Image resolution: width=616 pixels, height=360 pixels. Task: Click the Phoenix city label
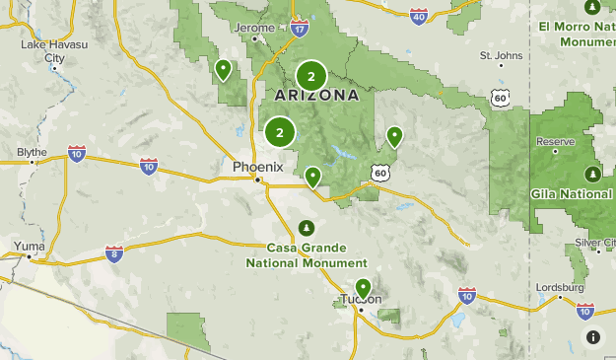[x=257, y=167]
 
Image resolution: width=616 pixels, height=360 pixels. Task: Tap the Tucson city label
[x=360, y=300]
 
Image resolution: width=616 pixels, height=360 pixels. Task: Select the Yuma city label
[x=29, y=245]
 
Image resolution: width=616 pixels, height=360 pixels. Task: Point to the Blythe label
[x=32, y=152]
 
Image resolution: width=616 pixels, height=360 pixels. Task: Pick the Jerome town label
[x=256, y=28]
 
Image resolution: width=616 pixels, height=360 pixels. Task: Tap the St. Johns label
[x=500, y=55]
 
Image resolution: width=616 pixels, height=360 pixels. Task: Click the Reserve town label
[x=555, y=142]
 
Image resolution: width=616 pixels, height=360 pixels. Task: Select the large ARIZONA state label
[x=315, y=96]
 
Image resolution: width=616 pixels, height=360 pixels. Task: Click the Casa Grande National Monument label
[x=307, y=255]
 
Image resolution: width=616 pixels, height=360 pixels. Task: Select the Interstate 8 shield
[x=114, y=254]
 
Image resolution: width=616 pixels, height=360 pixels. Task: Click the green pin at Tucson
[x=363, y=288]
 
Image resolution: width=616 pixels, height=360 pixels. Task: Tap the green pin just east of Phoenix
[x=312, y=177]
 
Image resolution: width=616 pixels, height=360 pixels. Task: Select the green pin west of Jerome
[x=224, y=69]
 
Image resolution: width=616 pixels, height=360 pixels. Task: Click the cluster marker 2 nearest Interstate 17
[x=311, y=76]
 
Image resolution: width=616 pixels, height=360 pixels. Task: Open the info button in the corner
[x=592, y=336]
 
